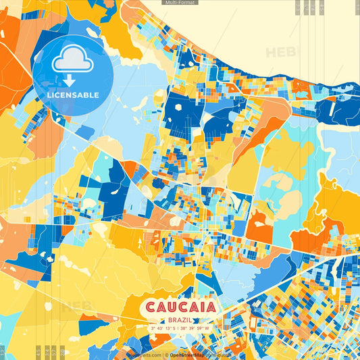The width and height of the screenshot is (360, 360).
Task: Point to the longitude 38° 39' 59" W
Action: tap(196, 329)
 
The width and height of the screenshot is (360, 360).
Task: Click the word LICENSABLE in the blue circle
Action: tap(73, 95)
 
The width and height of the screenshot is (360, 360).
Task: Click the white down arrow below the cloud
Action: tap(70, 80)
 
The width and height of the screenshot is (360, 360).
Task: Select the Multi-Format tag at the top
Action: tap(180, 3)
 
